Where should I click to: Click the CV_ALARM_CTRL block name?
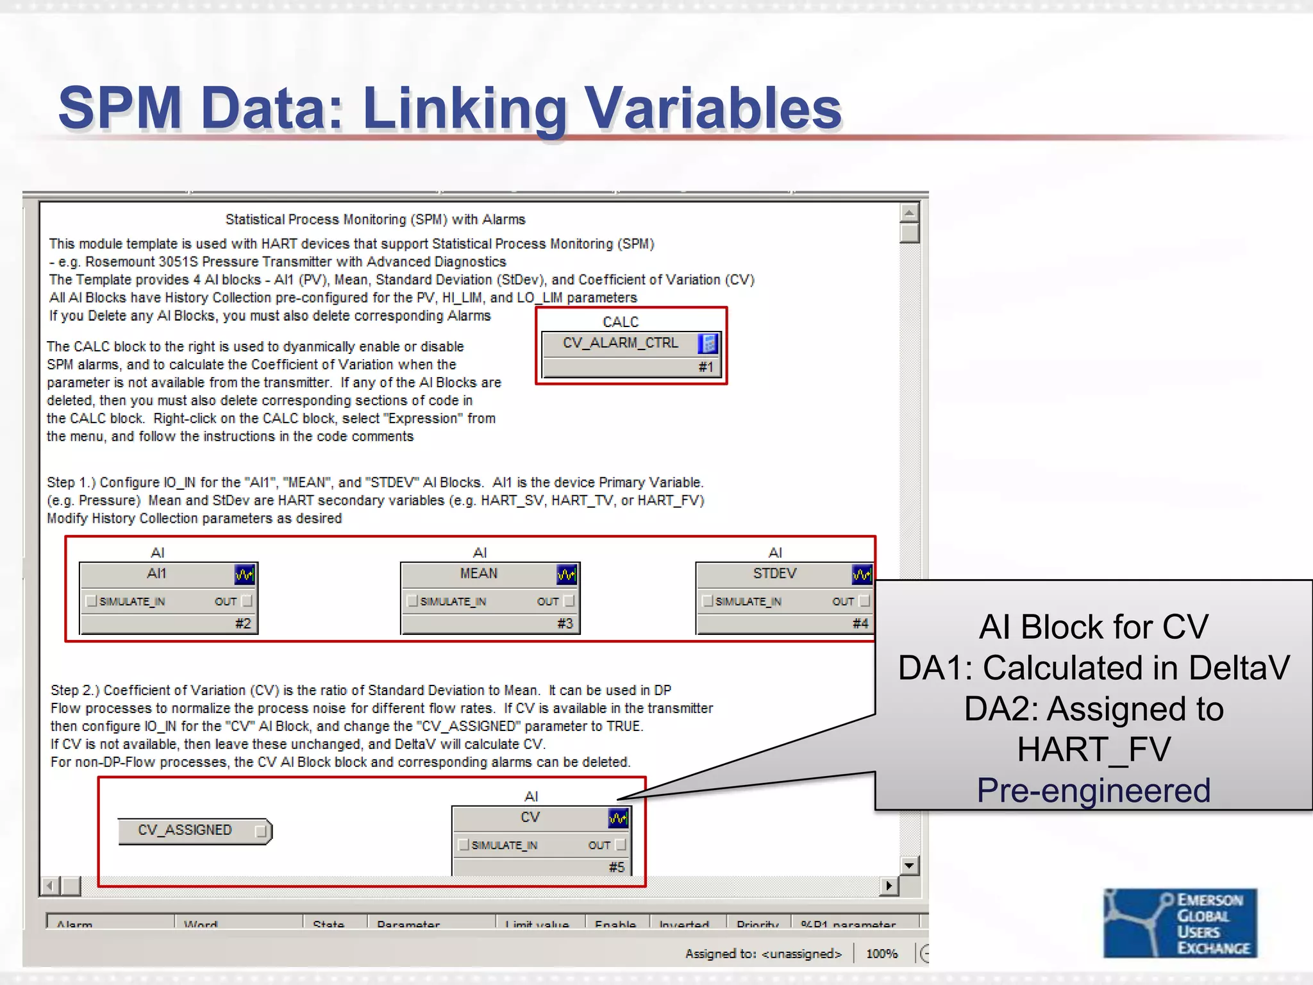pyautogui.click(x=620, y=343)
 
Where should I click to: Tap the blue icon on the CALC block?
pyautogui.click(x=708, y=344)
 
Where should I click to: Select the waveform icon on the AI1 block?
pyautogui.click(x=244, y=574)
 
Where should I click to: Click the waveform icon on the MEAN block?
pyautogui.click(x=566, y=574)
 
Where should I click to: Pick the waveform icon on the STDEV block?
pyautogui.click(x=861, y=574)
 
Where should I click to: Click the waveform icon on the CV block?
pyautogui.click(x=618, y=818)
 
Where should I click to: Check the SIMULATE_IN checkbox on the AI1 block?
pyautogui.click(x=92, y=601)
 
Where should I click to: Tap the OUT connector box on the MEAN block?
pyautogui.click(x=569, y=601)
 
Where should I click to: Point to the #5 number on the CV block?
pyautogui.click(x=616, y=867)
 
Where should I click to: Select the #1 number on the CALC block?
pyautogui.click(x=706, y=367)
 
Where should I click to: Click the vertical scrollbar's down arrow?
pyautogui.click(x=909, y=866)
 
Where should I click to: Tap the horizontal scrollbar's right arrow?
pyautogui.click(x=889, y=886)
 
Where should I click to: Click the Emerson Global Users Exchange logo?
pyautogui.click(x=1180, y=923)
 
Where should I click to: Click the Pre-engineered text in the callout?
pyautogui.click(x=1094, y=790)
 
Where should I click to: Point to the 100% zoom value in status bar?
pyautogui.click(x=882, y=954)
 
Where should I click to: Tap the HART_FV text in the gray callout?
pyautogui.click(x=1094, y=749)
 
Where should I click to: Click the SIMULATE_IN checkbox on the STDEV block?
pyautogui.click(x=708, y=601)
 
